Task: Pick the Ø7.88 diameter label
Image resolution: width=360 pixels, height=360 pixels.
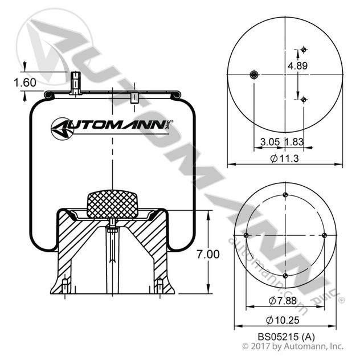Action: pos(281,300)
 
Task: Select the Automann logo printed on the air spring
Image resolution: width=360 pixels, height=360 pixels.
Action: pos(112,126)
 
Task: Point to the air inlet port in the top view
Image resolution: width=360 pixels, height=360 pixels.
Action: pos(254,74)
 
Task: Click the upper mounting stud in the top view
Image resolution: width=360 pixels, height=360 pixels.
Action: pos(304,49)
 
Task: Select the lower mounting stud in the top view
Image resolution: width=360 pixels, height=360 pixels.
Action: pos(304,100)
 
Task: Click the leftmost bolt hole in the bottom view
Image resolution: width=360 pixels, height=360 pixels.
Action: pos(246,235)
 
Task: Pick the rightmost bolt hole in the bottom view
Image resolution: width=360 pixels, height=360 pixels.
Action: pos(324,235)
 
